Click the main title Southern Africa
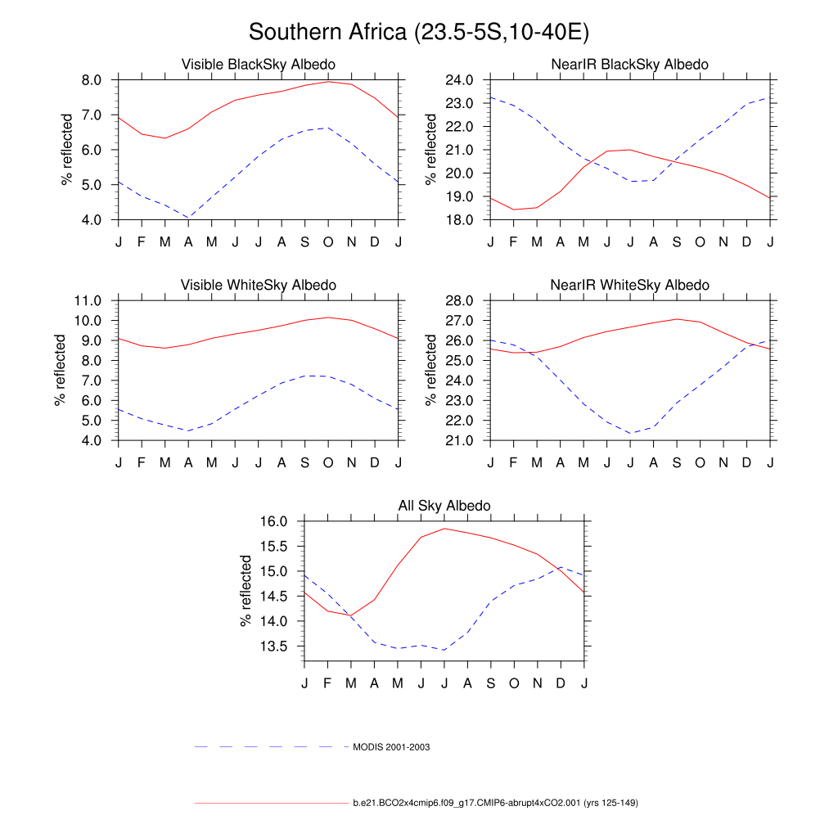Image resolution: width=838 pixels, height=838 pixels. (x=419, y=32)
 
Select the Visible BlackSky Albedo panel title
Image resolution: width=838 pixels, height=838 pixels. (x=258, y=64)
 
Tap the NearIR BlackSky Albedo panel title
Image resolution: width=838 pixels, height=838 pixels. (x=630, y=64)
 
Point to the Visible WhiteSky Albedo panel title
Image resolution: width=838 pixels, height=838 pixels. (x=258, y=285)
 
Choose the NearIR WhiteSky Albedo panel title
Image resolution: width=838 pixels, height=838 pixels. (x=630, y=285)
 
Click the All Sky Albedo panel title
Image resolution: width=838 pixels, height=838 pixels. (x=444, y=506)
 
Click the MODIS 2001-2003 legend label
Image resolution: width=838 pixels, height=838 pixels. (x=391, y=747)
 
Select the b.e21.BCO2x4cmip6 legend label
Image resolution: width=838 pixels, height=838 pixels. (x=495, y=803)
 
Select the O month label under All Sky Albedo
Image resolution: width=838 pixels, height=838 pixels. (x=514, y=683)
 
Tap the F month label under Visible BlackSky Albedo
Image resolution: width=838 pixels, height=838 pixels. (x=142, y=242)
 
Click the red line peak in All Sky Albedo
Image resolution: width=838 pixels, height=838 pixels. (x=444, y=529)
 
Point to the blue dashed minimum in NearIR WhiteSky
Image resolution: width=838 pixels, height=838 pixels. (x=630, y=433)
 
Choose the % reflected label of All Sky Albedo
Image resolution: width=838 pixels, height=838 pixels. (x=246, y=590)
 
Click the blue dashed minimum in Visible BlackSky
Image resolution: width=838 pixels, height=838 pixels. (x=188, y=218)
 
